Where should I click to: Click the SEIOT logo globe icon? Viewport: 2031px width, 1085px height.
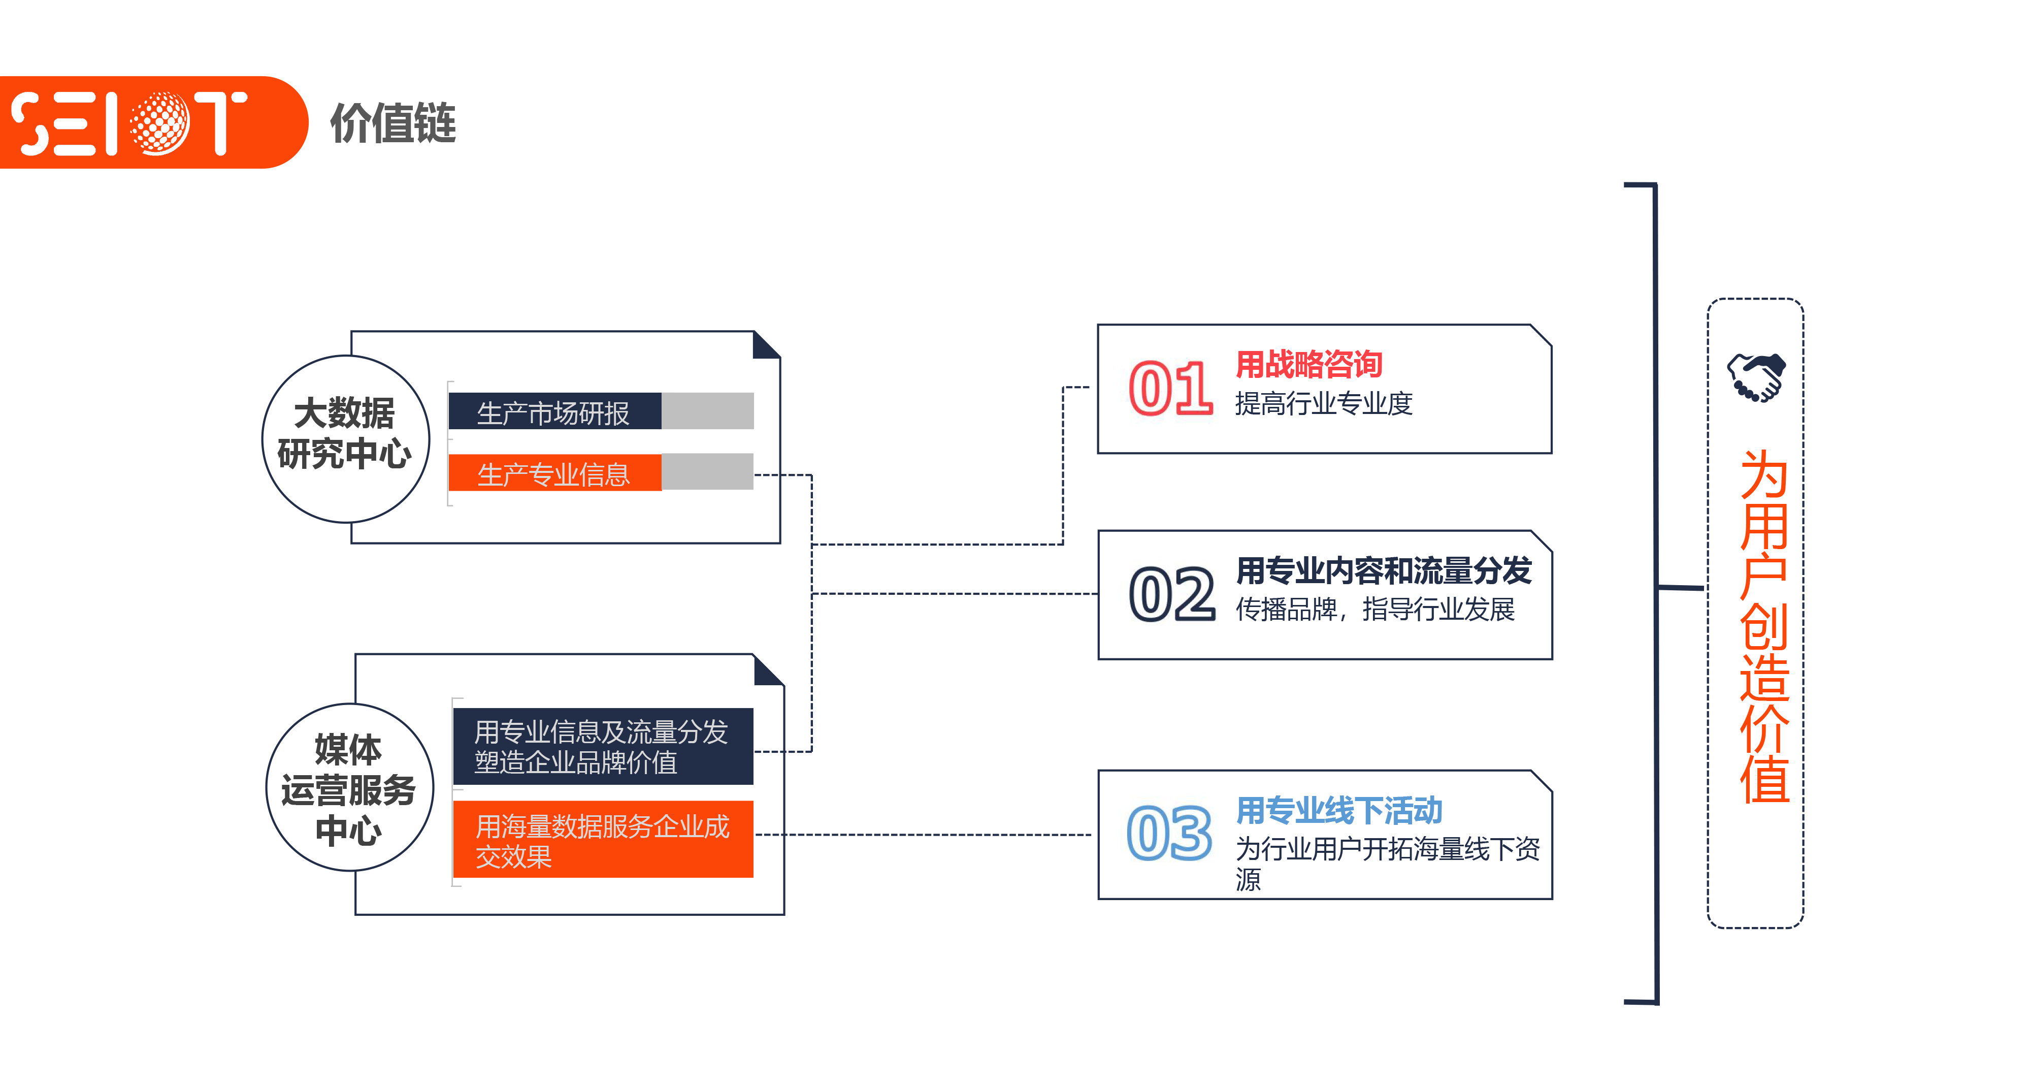[159, 122]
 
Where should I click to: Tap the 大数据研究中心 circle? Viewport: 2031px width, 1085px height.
[345, 438]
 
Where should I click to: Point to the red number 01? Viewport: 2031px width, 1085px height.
[1170, 389]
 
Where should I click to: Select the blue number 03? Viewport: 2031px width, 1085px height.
[1169, 834]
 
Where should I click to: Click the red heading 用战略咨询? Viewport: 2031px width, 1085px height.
[1309, 364]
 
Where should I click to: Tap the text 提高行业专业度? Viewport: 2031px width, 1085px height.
[1323, 404]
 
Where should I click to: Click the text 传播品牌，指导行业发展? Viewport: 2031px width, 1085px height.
[1375, 610]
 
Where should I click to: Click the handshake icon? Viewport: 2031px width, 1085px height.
[1756, 377]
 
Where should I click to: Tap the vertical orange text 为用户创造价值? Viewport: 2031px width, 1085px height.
[1764, 627]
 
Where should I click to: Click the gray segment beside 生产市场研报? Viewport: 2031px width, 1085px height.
[707, 411]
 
